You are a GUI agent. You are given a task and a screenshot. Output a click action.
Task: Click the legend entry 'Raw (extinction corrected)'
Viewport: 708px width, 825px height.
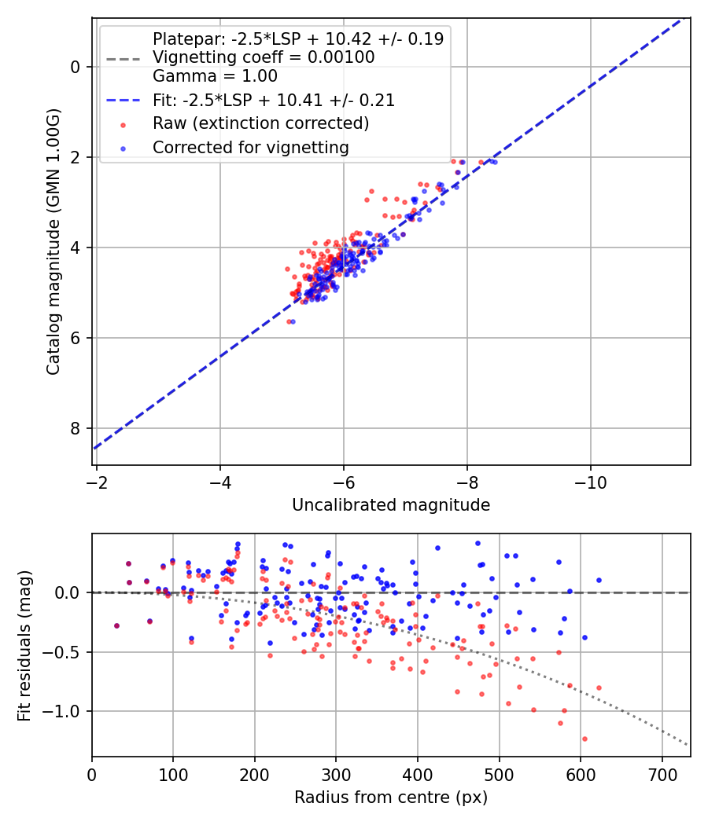pos(260,123)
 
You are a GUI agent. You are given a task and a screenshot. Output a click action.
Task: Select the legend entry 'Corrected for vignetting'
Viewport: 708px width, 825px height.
pos(250,147)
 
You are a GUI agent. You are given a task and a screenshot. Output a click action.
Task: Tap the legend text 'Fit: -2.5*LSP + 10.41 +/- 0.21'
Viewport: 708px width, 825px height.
pos(274,101)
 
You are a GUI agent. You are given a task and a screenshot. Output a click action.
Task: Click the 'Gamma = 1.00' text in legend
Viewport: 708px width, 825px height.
pos(215,76)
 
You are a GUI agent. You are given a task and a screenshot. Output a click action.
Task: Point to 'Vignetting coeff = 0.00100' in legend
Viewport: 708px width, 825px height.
pos(264,57)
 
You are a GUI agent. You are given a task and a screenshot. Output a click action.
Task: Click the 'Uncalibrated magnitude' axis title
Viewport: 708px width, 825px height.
pos(391,505)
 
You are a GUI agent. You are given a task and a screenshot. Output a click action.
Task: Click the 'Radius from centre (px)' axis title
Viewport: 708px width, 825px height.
pos(391,797)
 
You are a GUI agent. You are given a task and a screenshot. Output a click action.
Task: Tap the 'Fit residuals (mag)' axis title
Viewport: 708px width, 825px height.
pos(24,645)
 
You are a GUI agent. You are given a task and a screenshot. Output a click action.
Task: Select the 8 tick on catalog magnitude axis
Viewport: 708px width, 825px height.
pos(76,428)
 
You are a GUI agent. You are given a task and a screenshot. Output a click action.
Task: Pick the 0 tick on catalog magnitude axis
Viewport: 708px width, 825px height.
pos(76,67)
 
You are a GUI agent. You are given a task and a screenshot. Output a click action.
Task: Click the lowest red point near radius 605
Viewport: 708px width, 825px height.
pos(584,739)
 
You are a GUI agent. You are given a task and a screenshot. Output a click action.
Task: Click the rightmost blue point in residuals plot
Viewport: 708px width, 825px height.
pos(599,580)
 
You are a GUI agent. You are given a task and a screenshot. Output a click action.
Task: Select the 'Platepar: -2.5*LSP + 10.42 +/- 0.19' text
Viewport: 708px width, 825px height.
pos(298,38)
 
